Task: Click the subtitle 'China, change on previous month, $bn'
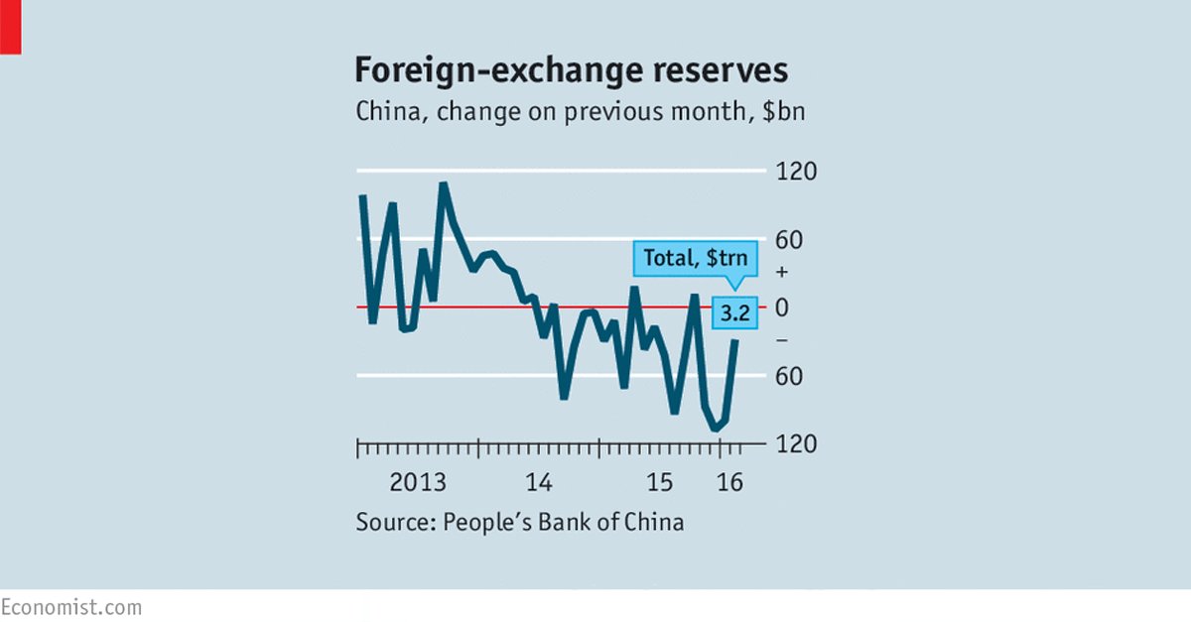581,111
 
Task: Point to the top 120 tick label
796,172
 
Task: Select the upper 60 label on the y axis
796,240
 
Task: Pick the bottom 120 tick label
796,444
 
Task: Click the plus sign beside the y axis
781,273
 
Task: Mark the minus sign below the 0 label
781,341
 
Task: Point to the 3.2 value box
735,314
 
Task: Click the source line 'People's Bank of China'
520,521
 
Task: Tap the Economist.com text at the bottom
70,606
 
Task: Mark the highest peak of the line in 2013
443,185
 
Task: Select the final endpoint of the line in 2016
735,340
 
